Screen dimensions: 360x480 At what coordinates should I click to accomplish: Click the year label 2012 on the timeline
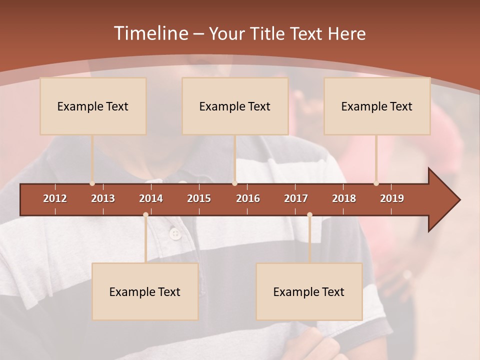coord(55,198)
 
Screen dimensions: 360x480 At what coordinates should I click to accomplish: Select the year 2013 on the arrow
coord(103,198)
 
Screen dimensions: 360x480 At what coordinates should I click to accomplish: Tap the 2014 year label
coord(151,198)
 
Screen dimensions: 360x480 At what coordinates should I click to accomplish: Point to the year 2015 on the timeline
coord(199,198)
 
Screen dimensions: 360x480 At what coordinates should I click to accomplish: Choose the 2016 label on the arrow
coord(248,198)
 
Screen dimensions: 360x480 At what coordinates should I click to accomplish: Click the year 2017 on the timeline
coord(296,198)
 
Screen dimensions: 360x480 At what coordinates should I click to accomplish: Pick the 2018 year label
coord(344,198)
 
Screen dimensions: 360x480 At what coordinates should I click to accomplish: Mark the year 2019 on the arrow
coord(392,198)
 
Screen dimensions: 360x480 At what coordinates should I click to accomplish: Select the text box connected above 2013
coord(93,106)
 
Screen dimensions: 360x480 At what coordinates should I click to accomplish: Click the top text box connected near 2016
coord(235,106)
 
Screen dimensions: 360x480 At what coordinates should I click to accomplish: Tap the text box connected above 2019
coord(377,106)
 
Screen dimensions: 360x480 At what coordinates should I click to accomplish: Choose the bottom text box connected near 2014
coord(145,291)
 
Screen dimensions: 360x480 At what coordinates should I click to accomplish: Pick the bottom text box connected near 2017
coord(309,291)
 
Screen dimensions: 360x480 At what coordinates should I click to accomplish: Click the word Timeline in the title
coord(150,33)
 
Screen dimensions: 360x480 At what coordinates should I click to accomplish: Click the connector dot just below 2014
coord(145,215)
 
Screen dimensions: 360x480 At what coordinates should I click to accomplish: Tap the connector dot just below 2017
coord(309,215)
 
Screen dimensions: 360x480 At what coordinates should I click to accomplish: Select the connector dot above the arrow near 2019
coord(376,183)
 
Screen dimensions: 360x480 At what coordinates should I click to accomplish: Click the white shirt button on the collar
coord(175,233)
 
